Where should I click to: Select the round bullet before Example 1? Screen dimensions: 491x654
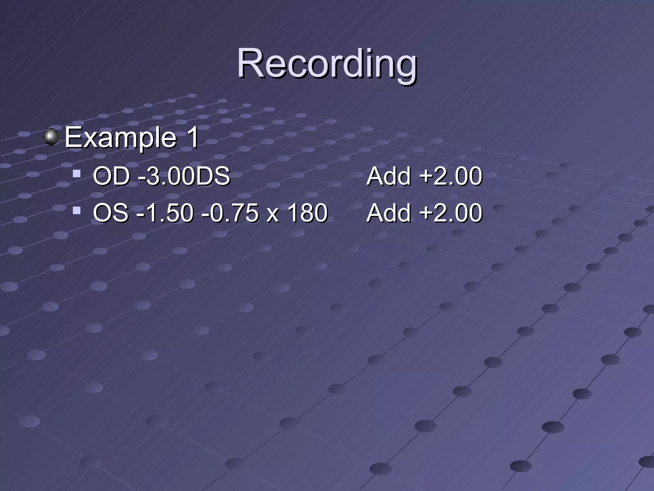tap(51, 137)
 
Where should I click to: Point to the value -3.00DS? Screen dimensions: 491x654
tap(184, 176)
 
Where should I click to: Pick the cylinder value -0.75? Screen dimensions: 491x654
tap(230, 213)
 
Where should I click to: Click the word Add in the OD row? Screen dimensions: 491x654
tap(388, 176)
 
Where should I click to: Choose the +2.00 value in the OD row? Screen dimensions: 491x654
tap(451, 176)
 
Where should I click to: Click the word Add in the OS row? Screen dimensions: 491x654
tap(388, 213)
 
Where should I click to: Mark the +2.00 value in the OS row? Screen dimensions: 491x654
tap(451, 213)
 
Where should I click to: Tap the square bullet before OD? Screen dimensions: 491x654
tap(76, 174)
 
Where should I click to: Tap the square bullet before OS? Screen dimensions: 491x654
tap(76, 211)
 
